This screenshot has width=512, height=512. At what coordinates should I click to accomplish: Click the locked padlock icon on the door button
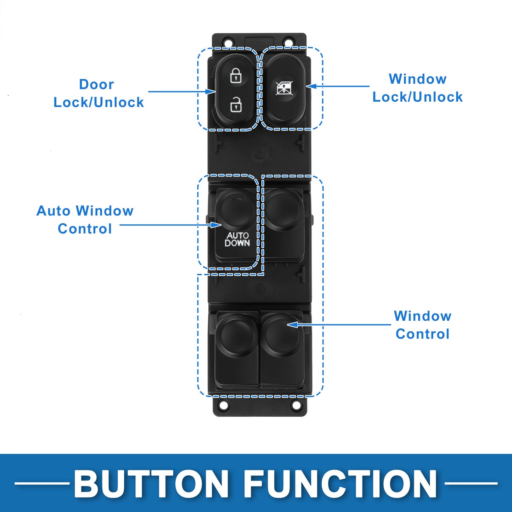pos(236,76)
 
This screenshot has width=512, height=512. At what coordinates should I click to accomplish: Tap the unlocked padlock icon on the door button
pos(236,104)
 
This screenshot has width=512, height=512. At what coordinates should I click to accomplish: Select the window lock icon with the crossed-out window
pos(284,88)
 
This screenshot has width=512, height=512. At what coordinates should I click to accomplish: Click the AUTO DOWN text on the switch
pos(237,239)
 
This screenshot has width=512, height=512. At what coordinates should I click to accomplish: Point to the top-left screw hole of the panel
pos(228,42)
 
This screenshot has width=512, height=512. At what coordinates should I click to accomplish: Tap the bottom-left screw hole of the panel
pos(223,405)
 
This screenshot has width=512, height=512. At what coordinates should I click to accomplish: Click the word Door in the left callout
pos(96,84)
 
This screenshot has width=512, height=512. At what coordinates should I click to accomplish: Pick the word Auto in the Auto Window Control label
pos(54,211)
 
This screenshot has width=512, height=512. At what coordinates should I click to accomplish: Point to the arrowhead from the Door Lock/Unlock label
pos(211,92)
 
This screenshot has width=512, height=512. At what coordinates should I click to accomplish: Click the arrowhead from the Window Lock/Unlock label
pos(311,86)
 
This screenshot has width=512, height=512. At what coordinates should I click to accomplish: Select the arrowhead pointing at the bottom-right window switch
pos(292,325)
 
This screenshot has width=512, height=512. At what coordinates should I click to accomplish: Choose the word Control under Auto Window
pos(85,229)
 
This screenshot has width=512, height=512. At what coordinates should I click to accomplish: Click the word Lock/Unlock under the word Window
pos(417,97)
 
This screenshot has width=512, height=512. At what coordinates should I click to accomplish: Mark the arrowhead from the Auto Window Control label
pos(216,225)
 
